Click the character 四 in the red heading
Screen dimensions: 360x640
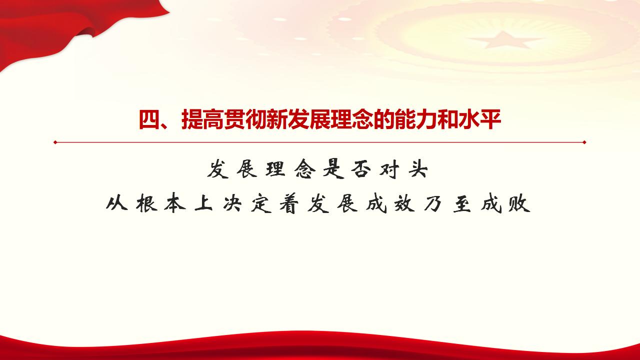point(148,120)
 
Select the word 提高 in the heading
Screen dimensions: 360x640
point(202,120)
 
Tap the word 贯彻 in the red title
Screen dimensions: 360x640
point(245,120)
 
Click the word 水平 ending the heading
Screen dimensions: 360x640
point(480,120)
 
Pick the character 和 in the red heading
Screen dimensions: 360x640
point(448,120)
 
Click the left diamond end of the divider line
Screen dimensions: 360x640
point(55,142)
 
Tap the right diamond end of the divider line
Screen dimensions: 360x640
point(584,142)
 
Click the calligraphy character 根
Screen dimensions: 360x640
point(146,204)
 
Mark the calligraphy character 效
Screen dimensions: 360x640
point(403,204)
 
